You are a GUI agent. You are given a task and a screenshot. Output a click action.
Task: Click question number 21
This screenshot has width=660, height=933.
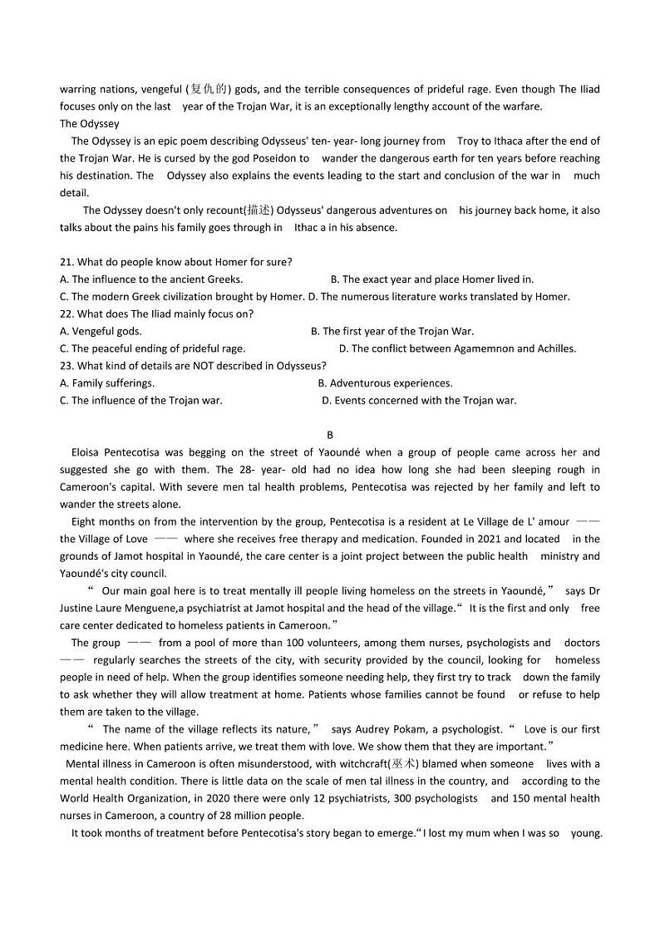(x=66, y=262)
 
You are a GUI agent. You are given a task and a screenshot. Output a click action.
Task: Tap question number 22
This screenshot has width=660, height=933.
(x=66, y=313)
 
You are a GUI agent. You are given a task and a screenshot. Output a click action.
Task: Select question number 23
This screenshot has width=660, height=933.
(x=66, y=365)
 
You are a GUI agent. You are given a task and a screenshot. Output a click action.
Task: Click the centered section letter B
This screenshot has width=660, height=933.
(x=330, y=435)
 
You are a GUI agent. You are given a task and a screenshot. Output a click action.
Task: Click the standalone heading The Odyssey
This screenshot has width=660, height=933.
(x=89, y=124)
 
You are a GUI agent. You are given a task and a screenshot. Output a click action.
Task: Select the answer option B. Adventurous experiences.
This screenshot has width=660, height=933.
(x=385, y=383)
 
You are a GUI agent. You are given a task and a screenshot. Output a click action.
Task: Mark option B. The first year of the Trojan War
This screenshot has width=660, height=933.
(x=392, y=331)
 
